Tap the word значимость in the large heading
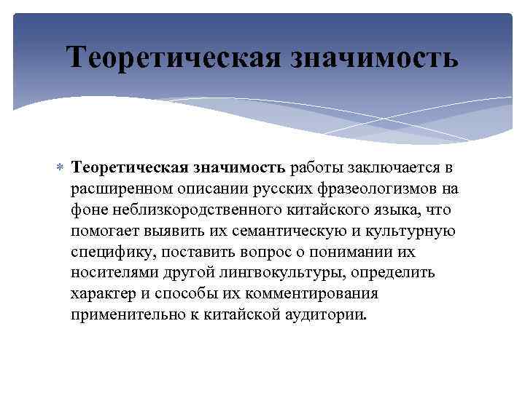(x=376, y=57)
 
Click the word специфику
(x=109, y=253)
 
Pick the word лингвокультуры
(x=276, y=274)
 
